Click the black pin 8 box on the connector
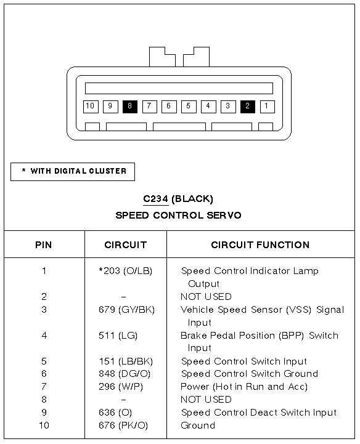(x=130, y=107)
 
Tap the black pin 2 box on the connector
(x=247, y=107)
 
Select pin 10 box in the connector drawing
(x=91, y=107)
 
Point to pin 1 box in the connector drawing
(x=267, y=107)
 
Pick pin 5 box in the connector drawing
(x=189, y=107)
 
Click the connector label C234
(x=155, y=199)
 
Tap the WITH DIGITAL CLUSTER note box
(x=73, y=172)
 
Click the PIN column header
(x=44, y=244)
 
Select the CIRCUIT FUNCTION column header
(x=260, y=244)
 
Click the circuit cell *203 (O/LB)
(x=125, y=271)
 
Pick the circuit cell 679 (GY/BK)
(x=126, y=310)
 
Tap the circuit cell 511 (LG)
(x=118, y=336)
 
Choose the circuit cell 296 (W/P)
(x=121, y=387)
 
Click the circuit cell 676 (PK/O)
(x=123, y=426)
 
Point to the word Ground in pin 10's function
(x=198, y=426)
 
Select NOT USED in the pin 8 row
(x=206, y=400)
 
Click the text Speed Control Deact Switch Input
(x=259, y=413)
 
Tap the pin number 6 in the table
(x=44, y=374)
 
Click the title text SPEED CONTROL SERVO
(x=178, y=216)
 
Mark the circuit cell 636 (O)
(x=115, y=413)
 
